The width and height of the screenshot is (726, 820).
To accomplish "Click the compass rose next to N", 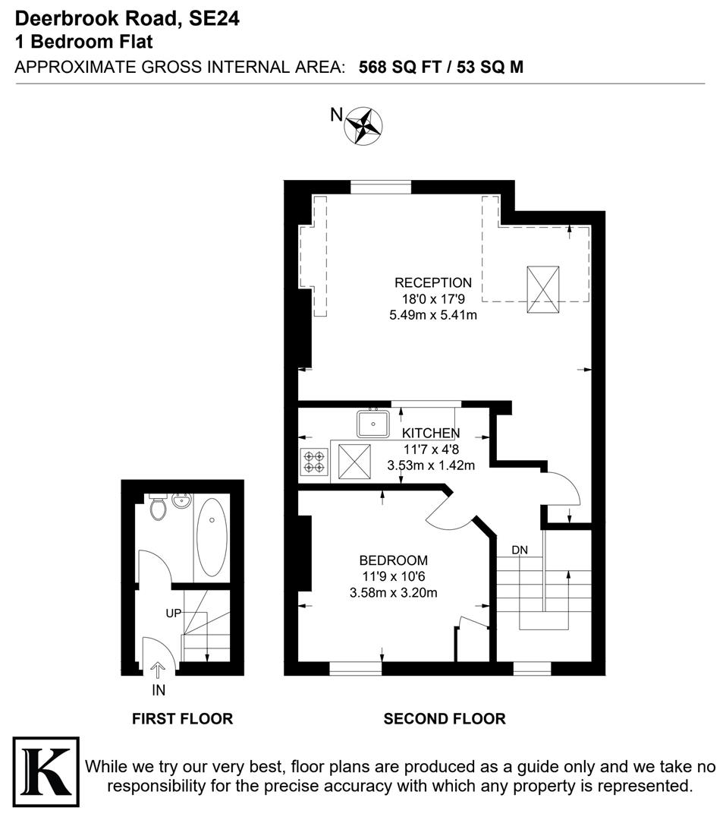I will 363,125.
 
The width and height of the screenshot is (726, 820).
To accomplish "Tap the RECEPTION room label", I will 432,283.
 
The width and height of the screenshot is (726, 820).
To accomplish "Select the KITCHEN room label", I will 431,433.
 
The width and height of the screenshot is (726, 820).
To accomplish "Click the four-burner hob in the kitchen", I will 314,462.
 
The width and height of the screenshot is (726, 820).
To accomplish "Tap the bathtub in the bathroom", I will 212,535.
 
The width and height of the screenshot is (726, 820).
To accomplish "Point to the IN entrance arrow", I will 159,670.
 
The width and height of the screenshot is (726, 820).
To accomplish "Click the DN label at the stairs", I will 520,550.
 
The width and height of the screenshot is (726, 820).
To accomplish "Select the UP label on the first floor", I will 174,613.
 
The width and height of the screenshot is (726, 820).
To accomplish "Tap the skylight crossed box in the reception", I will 542,289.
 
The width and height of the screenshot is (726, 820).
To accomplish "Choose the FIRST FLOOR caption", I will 182,718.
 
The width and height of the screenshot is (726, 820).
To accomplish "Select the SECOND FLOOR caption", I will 445,718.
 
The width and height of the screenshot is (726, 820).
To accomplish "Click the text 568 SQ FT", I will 400,67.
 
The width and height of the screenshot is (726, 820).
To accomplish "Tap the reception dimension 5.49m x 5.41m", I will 432,314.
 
